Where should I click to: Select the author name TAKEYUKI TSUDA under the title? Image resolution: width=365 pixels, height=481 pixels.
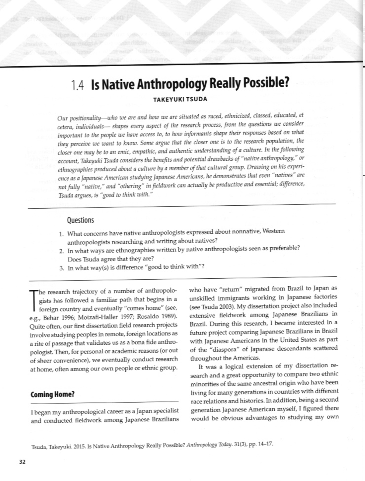point(180,99)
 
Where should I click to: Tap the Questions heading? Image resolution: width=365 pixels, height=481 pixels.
point(80,220)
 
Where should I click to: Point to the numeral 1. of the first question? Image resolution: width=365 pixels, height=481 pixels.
point(61,234)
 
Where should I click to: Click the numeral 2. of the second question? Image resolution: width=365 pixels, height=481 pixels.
point(61,251)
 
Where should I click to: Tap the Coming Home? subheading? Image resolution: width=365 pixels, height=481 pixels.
point(53,395)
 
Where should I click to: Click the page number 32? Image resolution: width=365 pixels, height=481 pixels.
point(22,462)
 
